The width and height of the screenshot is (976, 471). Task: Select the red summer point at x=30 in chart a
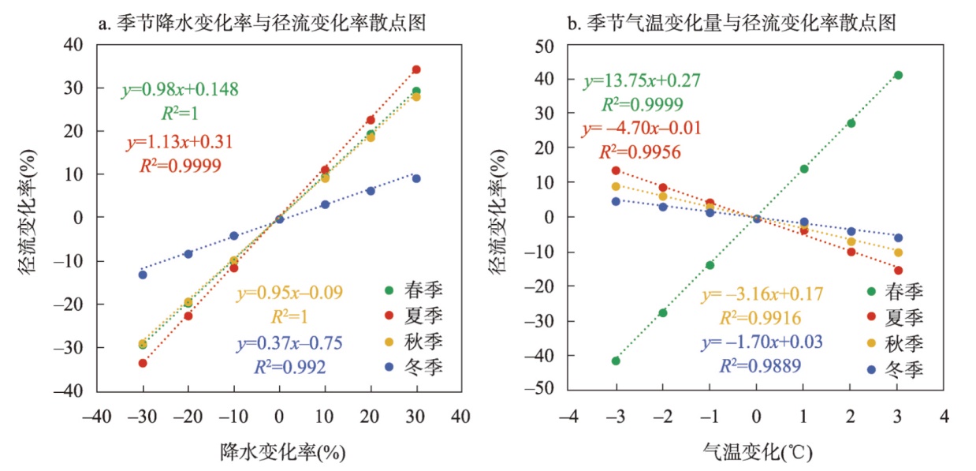(416, 69)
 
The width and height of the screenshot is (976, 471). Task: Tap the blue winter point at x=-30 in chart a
(143, 275)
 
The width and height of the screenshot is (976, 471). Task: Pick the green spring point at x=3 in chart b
(898, 75)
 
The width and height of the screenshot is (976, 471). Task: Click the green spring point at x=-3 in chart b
(616, 361)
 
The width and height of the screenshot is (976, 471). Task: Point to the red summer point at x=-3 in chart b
(616, 170)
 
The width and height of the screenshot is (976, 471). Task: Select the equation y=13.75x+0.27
(642, 81)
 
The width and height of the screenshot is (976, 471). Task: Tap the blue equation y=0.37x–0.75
(289, 344)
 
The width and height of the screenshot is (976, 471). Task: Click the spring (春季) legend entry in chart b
(891, 292)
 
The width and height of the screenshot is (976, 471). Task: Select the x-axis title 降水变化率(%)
(283, 451)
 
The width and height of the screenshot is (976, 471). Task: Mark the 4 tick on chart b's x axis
(944, 413)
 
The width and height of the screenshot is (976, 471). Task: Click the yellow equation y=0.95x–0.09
(289, 294)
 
